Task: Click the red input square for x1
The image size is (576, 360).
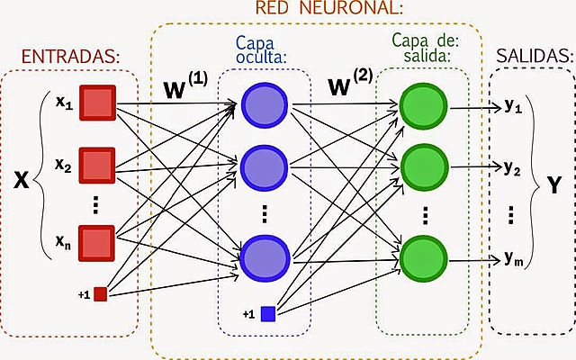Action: pos(96,103)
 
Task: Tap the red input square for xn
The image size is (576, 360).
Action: pos(96,241)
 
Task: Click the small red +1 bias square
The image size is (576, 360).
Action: pos(100,293)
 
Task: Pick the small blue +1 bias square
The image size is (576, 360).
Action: pos(267,313)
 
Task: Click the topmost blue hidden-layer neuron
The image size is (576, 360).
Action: pos(264,103)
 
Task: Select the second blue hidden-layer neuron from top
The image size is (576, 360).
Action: pos(264,166)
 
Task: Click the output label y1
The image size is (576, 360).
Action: pos(513,106)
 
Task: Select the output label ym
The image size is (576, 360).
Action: pos(514,259)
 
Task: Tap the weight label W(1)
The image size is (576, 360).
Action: pos(184,87)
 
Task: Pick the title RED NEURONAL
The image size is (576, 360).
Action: pos(328,10)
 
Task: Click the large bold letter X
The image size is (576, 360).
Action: pos(21,179)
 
